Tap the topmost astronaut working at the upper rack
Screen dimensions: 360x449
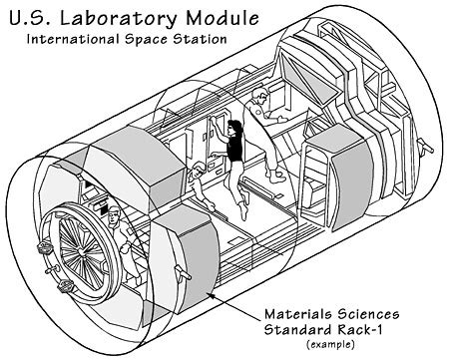261,104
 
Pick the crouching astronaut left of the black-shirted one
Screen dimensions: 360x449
201,180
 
